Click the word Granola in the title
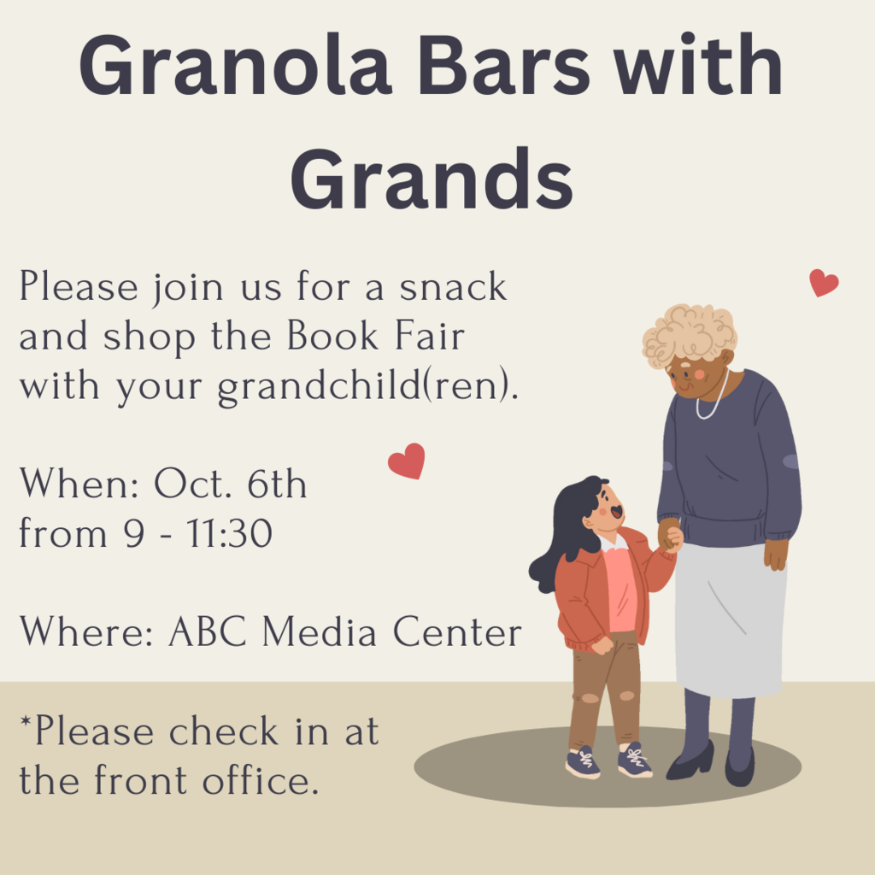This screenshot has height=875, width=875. point(235,65)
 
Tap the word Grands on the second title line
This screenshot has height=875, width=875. point(432,179)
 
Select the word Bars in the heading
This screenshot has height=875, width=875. point(503,65)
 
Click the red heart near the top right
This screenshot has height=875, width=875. point(824,282)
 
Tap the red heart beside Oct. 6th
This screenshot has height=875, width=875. point(407,461)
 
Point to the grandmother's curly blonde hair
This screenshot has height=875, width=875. point(690,335)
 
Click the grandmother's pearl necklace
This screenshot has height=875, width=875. point(713,397)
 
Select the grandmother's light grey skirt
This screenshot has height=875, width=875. point(730,620)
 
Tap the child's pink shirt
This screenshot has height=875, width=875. point(620,589)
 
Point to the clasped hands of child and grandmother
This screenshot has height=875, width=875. point(670,535)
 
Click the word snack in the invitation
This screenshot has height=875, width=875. point(453,287)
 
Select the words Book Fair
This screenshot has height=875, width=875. point(376,336)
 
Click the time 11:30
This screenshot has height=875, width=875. point(229,533)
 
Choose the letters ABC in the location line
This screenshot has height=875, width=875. point(207,631)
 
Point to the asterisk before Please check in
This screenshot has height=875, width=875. point(25,722)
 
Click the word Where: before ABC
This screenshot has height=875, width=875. point(86,631)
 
